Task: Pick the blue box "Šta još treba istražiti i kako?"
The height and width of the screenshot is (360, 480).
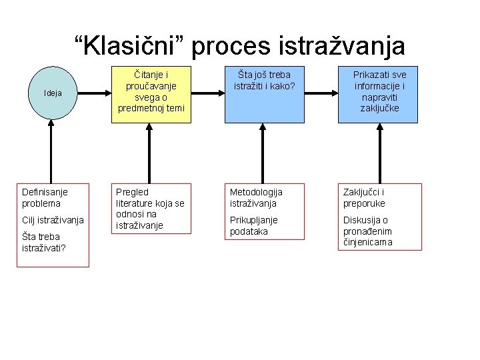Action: [262, 95]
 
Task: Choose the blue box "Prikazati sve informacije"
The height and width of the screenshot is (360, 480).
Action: [379, 95]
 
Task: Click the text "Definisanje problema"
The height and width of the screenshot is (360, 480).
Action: [45, 197]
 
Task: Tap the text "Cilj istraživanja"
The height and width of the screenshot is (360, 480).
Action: [53, 220]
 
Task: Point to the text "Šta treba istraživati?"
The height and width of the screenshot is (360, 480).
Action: [41, 242]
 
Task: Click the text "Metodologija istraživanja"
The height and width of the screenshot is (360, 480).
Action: [256, 197]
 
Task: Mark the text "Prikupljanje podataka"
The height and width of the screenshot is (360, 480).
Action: [254, 225]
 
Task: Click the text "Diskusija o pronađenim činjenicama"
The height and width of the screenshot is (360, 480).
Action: [368, 231]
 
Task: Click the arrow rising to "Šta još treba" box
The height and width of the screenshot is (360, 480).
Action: [262, 153]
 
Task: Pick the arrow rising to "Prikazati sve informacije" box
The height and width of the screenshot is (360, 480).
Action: [379, 153]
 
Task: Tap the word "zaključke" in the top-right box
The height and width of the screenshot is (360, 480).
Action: [379, 108]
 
